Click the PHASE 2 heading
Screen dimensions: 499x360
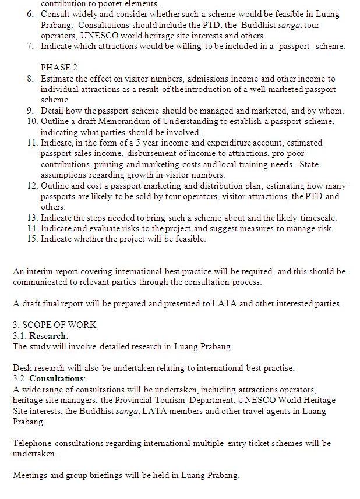coord(60,68)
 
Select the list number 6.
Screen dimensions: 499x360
coord(30,14)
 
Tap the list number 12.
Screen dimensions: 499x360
coord(32,186)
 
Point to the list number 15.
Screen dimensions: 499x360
coord(32,239)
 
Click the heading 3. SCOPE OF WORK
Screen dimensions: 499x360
coord(55,325)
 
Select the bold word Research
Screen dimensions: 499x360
coord(48,336)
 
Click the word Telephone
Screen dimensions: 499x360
coord(32,443)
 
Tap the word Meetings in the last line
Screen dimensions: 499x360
coord(30,475)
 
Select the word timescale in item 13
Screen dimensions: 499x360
coord(318,218)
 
